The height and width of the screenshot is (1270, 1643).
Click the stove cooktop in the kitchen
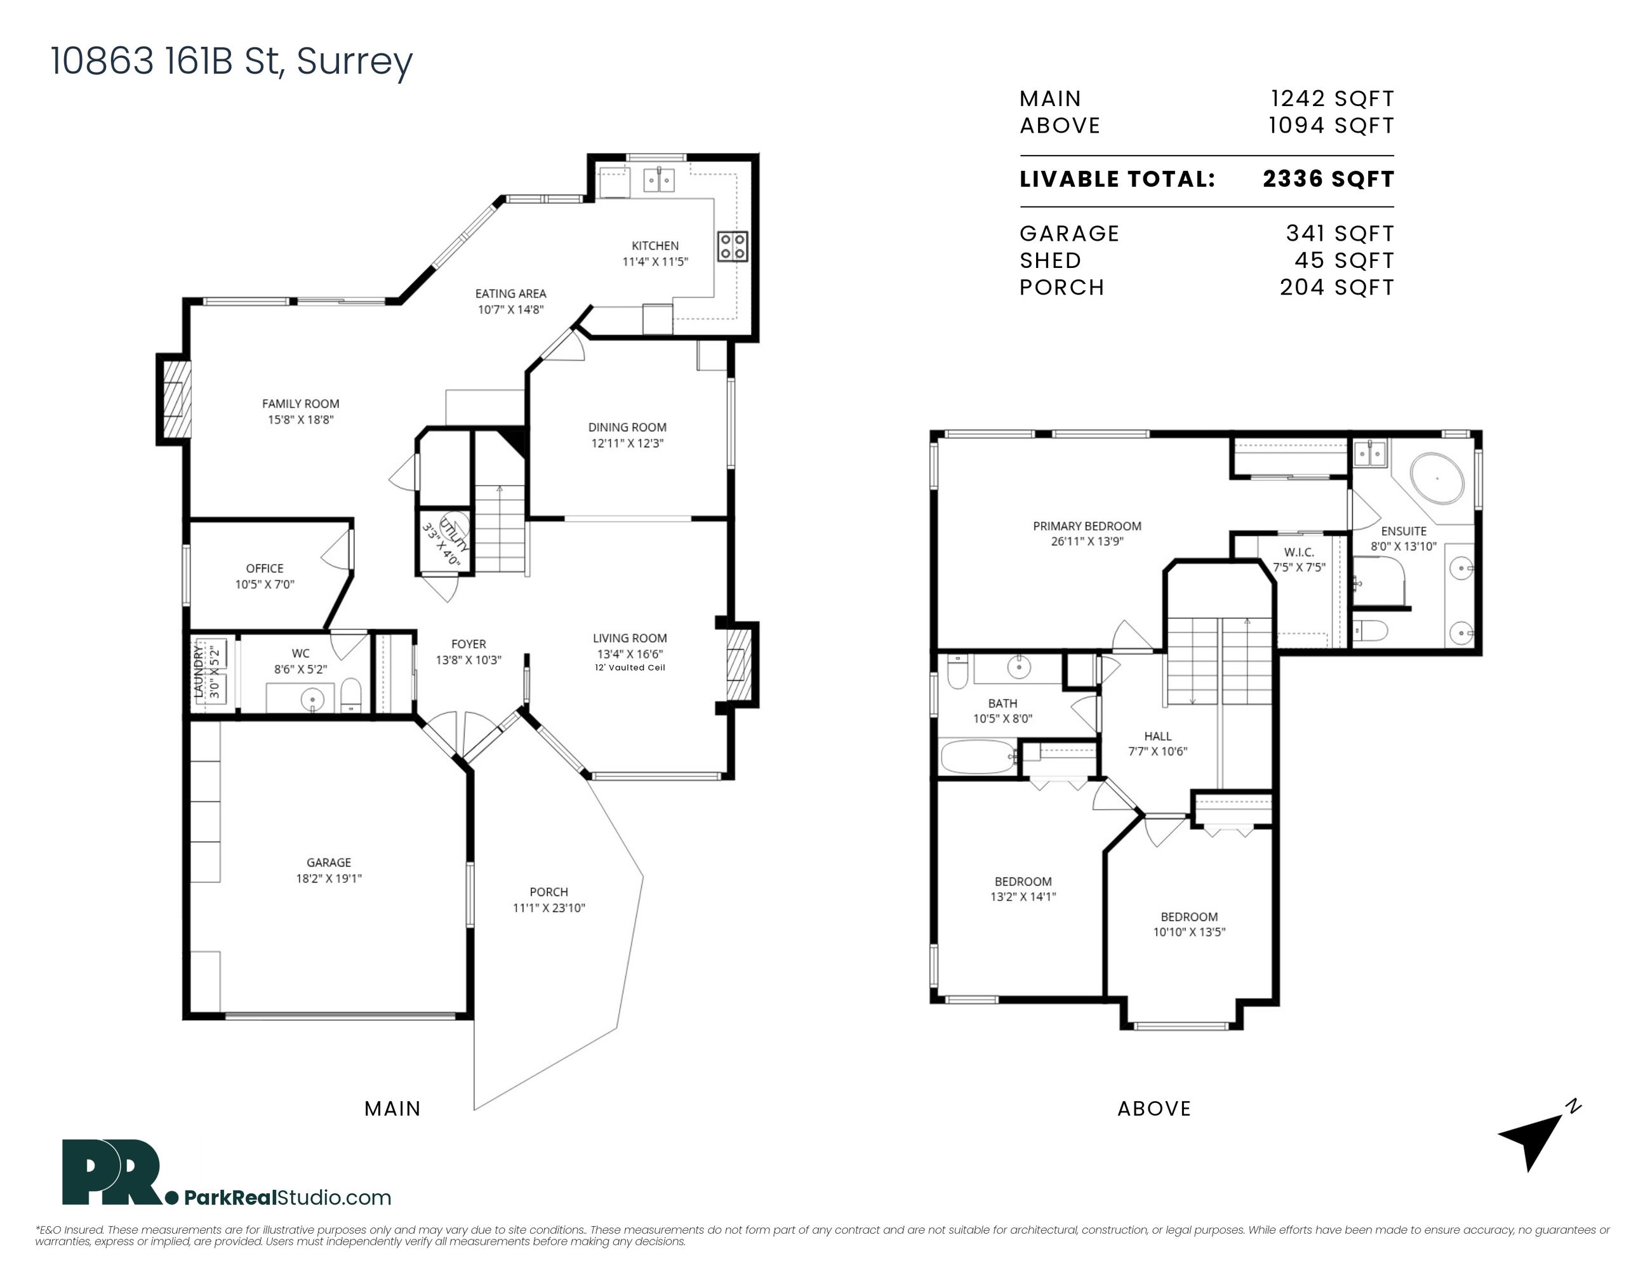pos(732,245)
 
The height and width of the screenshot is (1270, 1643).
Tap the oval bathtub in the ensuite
pos(1437,478)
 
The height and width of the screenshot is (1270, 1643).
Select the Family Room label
pos(300,404)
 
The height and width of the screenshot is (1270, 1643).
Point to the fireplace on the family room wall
pos(174,399)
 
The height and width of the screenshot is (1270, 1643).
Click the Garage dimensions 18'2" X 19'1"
pos(329,878)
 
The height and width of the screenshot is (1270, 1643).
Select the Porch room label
pos(549,892)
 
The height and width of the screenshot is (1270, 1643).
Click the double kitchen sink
pos(658,180)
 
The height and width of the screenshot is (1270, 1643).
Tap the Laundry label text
pos(199,671)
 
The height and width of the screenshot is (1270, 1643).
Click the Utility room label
pos(455,535)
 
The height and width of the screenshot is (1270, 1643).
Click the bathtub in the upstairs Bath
pos(977,757)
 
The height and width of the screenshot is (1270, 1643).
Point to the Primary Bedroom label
pos(1087,526)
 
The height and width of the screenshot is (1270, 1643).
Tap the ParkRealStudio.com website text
pos(288,1198)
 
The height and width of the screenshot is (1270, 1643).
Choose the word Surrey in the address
pos(354,62)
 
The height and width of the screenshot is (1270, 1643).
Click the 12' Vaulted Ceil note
pos(630,667)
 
